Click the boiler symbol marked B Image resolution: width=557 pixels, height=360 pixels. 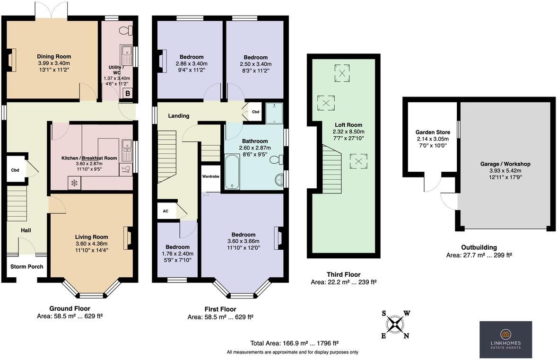pyautogui.click(x=127, y=94)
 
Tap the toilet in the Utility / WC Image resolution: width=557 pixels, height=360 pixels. pyautogui.click(x=125, y=31)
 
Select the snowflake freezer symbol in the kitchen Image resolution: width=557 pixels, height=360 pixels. pyautogui.click(x=74, y=183)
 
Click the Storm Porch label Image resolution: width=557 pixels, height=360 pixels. pyautogui.click(x=27, y=266)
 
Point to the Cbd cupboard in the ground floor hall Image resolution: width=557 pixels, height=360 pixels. pyautogui.click(x=15, y=170)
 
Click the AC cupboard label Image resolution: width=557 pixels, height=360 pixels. pyautogui.click(x=165, y=211)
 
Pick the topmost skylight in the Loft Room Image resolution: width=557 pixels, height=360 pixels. pyautogui.click(x=342, y=72)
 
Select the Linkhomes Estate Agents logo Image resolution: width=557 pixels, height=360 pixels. pyautogui.click(x=505, y=339)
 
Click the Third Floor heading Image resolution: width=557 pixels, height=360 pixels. pyautogui.click(x=343, y=274)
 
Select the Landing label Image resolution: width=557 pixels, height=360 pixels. pyautogui.click(x=179, y=116)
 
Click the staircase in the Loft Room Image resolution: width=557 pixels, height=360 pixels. pyautogui.click(x=332, y=166)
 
